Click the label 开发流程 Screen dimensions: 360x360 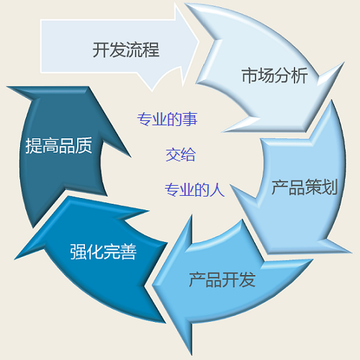pyautogui.click(x=126, y=50)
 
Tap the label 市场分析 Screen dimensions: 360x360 pyautogui.click(x=274, y=76)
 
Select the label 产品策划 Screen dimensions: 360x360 pyautogui.click(x=305, y=186)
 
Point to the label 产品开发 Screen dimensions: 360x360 pyautogui.click(x=222, y=279)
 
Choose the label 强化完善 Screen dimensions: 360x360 pyautogui.click(x=103, y=251)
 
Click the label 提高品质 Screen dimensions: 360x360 pyautogui.click(x=59, y=145)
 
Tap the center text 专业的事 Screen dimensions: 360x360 pyautogui.click(x=167, y=119)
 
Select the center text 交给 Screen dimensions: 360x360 pyautogui.click(x=181, y=154)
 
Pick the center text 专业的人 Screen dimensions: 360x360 pyautogui.click(x=194, y=190)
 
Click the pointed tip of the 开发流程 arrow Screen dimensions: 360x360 pyautogui.click(x=199, y=42)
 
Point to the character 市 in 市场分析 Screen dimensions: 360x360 pyautogui.click(x=250, y=76)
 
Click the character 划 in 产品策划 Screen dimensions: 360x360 pyautogui.click(x=330, y=186)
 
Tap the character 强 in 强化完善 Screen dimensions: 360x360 pyautogui.click(x=78, y=251)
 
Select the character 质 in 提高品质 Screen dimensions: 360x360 pyautogui.click(x=84, y=145)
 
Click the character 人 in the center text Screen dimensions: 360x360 pyautogui.click(x=217, y=190)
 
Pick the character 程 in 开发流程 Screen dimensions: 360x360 pyautogui.click(x=151, y=50)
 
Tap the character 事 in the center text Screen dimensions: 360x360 pyautogui.click(x=190, y=120)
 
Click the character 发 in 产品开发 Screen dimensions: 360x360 pyautogui.click(x=247, y=279)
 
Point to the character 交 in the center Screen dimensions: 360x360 pyautogui.click(x=173, y=155)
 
